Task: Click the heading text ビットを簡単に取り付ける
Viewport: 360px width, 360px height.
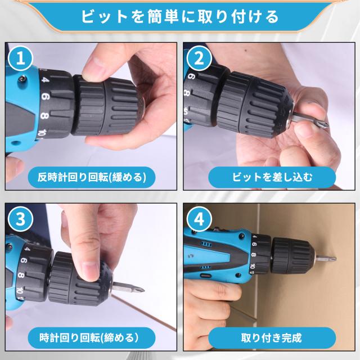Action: (x=180, y=17)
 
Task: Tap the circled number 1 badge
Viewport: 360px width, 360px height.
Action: (x=20, y=58)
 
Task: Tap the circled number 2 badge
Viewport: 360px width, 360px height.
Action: (x=199, y=58)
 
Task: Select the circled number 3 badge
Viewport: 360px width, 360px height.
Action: (x=20, y=219)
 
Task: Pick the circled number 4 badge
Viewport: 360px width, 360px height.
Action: (x=199, y=219)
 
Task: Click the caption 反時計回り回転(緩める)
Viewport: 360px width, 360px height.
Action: (x=92, y=178)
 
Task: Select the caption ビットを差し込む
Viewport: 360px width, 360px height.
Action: (x=272, y=178)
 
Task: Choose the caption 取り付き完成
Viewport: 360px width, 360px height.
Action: (x=272, y=338)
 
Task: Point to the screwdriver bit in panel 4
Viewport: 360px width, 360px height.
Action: (x=326, y=258)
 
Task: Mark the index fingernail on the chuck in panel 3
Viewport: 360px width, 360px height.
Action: (x=90, y=271)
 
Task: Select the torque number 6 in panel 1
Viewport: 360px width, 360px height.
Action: (x=45, y=96)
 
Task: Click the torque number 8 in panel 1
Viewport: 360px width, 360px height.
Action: (x=44, y=115)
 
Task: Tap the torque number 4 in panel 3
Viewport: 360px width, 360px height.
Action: (x=27, y=249)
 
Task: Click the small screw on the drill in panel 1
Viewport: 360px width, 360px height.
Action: (x=22, y=79)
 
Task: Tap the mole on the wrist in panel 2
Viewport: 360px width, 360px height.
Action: (x=246, y=51)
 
